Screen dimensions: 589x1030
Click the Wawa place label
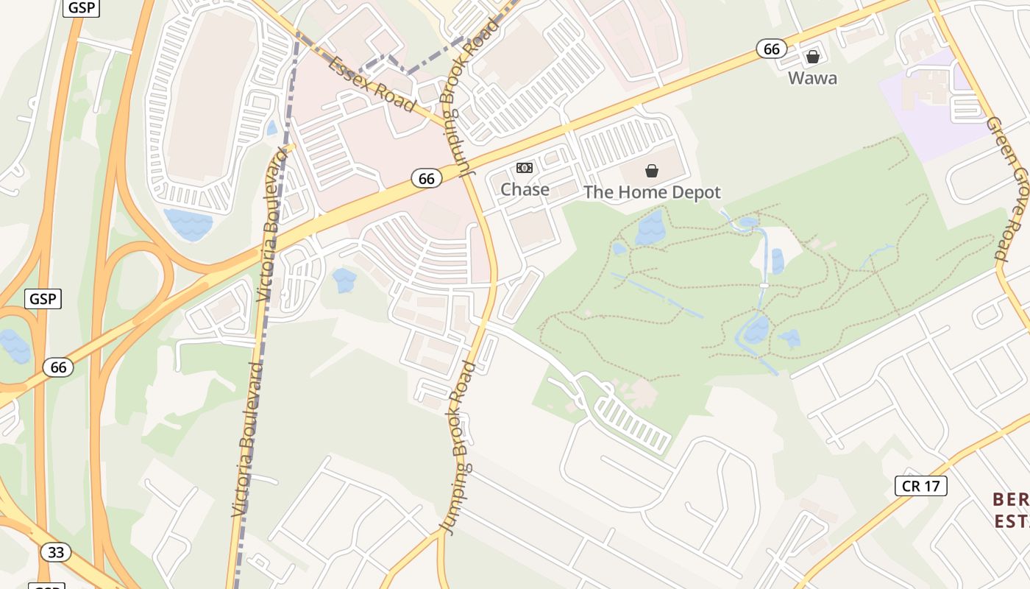(x=812, y=78)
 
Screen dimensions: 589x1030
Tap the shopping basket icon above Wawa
(x=813, y=57)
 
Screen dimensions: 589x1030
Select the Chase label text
(x=525, y=190)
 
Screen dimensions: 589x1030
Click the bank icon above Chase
(x=525, y=168)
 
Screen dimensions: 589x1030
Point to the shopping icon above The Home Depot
(x=652, y=172)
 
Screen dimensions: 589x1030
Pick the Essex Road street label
(x=373, y=84)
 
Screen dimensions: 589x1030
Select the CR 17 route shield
(x=920, y=486)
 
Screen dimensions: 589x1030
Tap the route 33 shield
(x=56, y=551)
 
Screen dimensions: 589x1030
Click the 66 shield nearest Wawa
(x=771, y=49)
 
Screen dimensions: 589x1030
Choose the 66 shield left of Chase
(x=427, y=178)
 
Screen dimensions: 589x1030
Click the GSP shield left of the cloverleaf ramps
(x=43, y=299)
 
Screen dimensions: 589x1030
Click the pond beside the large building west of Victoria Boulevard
(x=188, y=224)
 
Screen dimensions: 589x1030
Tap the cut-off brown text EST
(x=1009, y=521)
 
